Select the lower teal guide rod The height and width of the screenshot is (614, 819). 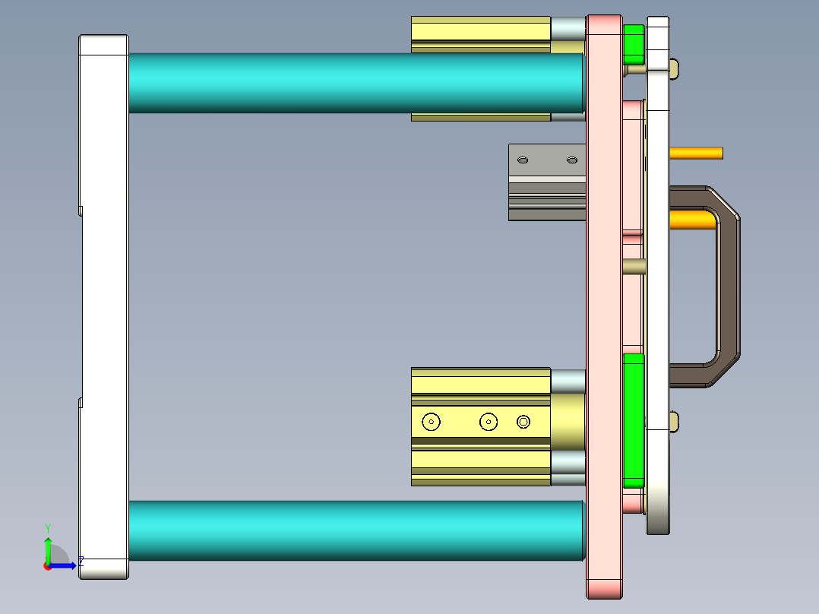tap(349, 530)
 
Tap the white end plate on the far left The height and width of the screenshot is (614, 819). tap(103, 304)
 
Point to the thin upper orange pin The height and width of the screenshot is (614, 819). tap(696, 153)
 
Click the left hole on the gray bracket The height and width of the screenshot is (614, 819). tap(523, 160)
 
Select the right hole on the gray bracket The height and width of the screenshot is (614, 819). tap(572, 160)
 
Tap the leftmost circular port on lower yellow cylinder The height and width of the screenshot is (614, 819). tap(432, 421)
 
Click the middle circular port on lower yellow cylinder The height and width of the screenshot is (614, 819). tap(488, 421)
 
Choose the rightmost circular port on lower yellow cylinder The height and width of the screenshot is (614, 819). tap(523, 421)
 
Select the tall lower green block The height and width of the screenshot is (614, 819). tap(633, 419)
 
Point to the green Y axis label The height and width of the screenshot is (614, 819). tap(47, 527)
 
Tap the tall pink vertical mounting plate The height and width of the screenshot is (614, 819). tap(604, 304)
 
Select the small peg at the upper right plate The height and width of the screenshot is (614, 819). tap(675, 70)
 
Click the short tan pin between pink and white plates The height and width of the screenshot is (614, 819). tap(634, 267)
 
